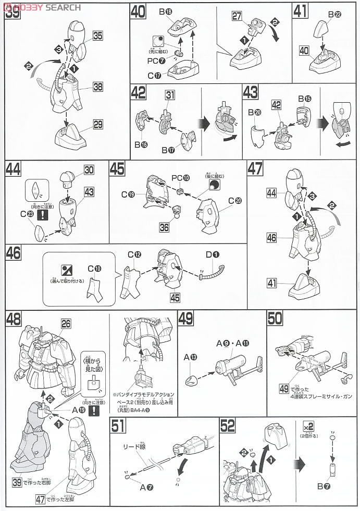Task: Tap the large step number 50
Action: coord(275,318)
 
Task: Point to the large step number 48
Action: coord(14,318)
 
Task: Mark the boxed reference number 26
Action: coord(65,323)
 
